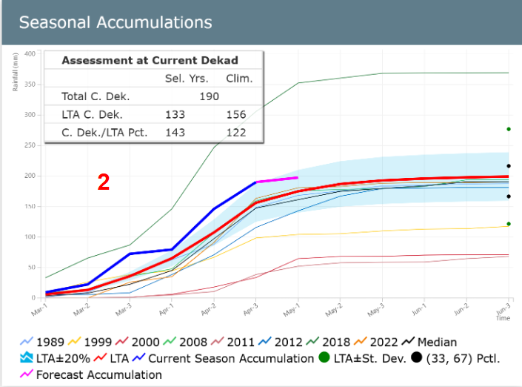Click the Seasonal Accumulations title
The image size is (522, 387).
pyautogui.click(x=115, y=22)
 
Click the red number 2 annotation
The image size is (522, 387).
pyautogui.click(x=104, y=182)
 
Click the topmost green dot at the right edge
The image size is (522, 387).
pyautogui.click(x=509, y=129)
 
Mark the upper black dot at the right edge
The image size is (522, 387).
pyautogui.click(x=509, y=166)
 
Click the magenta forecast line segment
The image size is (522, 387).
pyautogui.click(x=277, y=179)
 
